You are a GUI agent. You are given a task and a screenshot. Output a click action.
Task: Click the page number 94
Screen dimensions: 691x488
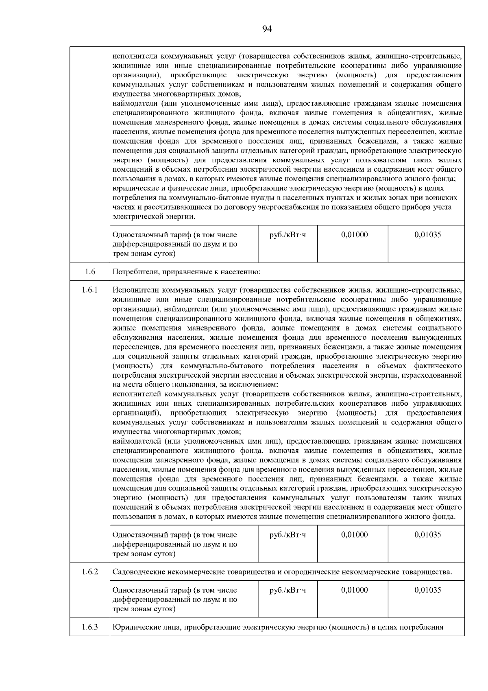pos(267,29)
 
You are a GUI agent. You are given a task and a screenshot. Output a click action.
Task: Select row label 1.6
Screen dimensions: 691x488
pos(90,272)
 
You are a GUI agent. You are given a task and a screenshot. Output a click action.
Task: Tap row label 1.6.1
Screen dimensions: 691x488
pos(90,290)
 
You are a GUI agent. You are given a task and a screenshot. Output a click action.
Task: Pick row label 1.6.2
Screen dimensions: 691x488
pos(90,572)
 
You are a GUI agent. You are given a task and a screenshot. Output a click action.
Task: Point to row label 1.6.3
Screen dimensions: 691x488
pos(90,627)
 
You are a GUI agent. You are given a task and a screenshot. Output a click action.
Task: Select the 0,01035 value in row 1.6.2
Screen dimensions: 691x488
pos(427,590)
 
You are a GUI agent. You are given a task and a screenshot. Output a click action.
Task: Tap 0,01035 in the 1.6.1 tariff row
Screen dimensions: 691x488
pos(427,535)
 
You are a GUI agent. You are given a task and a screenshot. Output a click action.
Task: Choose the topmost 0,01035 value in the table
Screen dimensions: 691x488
pos(427,235)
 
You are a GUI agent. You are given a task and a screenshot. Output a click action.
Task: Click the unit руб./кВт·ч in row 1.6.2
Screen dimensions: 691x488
pos(288,590)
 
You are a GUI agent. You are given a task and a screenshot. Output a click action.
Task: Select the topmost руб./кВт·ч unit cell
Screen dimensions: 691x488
pos(288,235)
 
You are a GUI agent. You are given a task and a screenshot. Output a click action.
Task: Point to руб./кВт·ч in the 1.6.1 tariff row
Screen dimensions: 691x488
pos(288,535)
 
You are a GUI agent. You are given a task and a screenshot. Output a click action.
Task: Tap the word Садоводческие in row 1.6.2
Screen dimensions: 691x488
pos(137,572)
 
